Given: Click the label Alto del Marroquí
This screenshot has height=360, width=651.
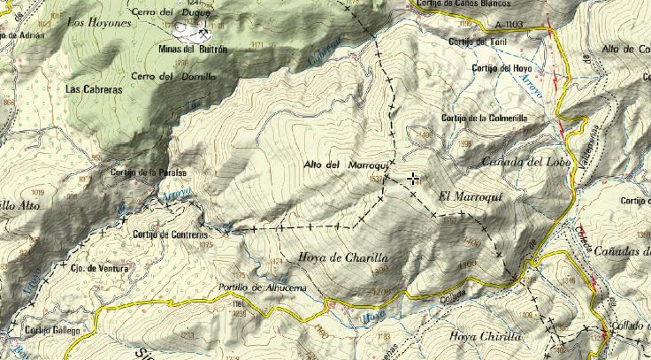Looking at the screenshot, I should point(341,165).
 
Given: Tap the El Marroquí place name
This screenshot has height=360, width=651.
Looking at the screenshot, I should point(469,197).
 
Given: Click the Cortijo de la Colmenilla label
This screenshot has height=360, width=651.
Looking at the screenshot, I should point(485,119).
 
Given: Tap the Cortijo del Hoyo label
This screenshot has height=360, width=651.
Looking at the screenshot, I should point(502,68).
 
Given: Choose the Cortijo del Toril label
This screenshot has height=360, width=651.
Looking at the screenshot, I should point(480,42).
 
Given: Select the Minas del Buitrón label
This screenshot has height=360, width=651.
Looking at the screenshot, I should point(192,50).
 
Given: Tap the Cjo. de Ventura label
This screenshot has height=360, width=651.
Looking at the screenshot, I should point(100,268).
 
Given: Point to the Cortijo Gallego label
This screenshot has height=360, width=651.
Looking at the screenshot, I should point(52,330).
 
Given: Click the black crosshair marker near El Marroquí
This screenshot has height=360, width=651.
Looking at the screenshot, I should point(413,180).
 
